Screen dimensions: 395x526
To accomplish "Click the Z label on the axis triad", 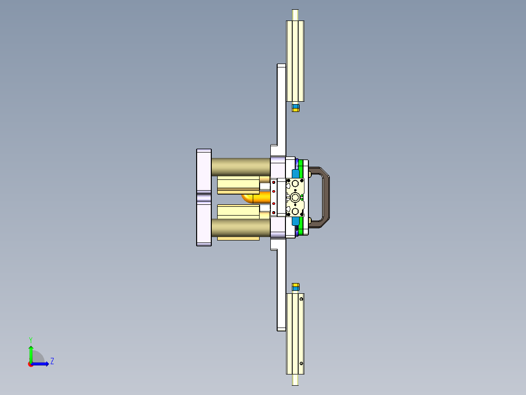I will tap(52, 361).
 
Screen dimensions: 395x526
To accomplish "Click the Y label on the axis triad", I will tap(31, 339).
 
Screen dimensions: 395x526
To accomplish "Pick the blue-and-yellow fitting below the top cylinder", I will tap(295, 108).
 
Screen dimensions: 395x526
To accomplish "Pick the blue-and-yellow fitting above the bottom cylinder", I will tap(295, 286).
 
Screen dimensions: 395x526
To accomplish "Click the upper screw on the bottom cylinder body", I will tap(302, 298).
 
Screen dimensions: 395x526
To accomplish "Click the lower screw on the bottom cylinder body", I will tap(302, 363).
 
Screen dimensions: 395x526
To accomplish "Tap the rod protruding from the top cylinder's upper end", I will tap(295, 15).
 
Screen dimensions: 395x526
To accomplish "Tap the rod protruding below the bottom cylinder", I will tap(295, 379).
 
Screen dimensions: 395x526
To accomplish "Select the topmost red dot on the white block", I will tap(274, 182).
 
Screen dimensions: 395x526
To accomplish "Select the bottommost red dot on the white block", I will tap(274, 212).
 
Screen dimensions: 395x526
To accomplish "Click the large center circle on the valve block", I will tap(296, 197).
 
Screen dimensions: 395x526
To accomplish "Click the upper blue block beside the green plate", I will tap(296, 174).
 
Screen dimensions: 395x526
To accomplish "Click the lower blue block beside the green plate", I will tap(296, 221).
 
